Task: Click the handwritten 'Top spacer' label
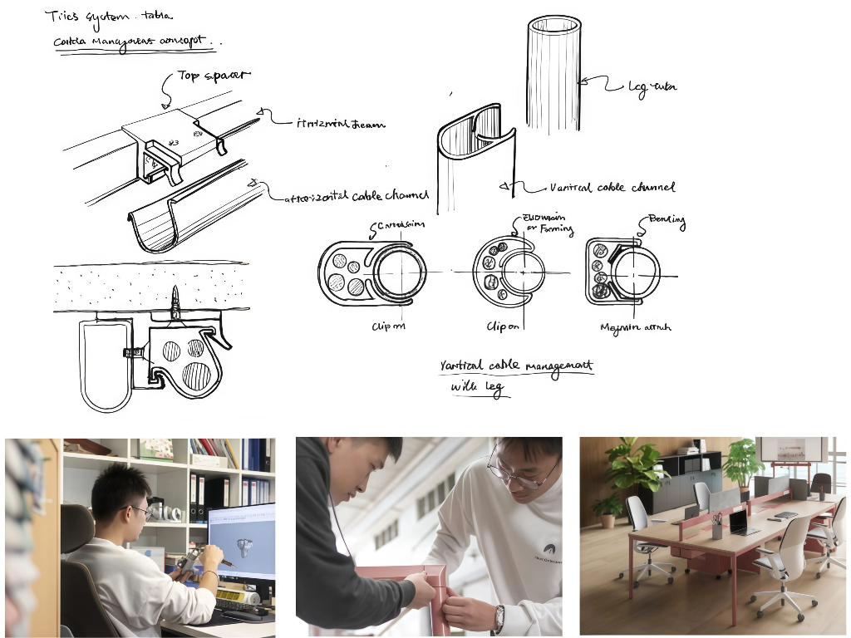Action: click(x=214, y=76)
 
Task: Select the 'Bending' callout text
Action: click(x=665, y=221)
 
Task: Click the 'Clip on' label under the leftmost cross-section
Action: click(x=388, y=326)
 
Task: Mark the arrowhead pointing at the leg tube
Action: click(x=583, y=81)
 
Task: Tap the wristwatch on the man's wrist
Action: click(x=499, y=617)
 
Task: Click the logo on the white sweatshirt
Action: click(x=548, y=549)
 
